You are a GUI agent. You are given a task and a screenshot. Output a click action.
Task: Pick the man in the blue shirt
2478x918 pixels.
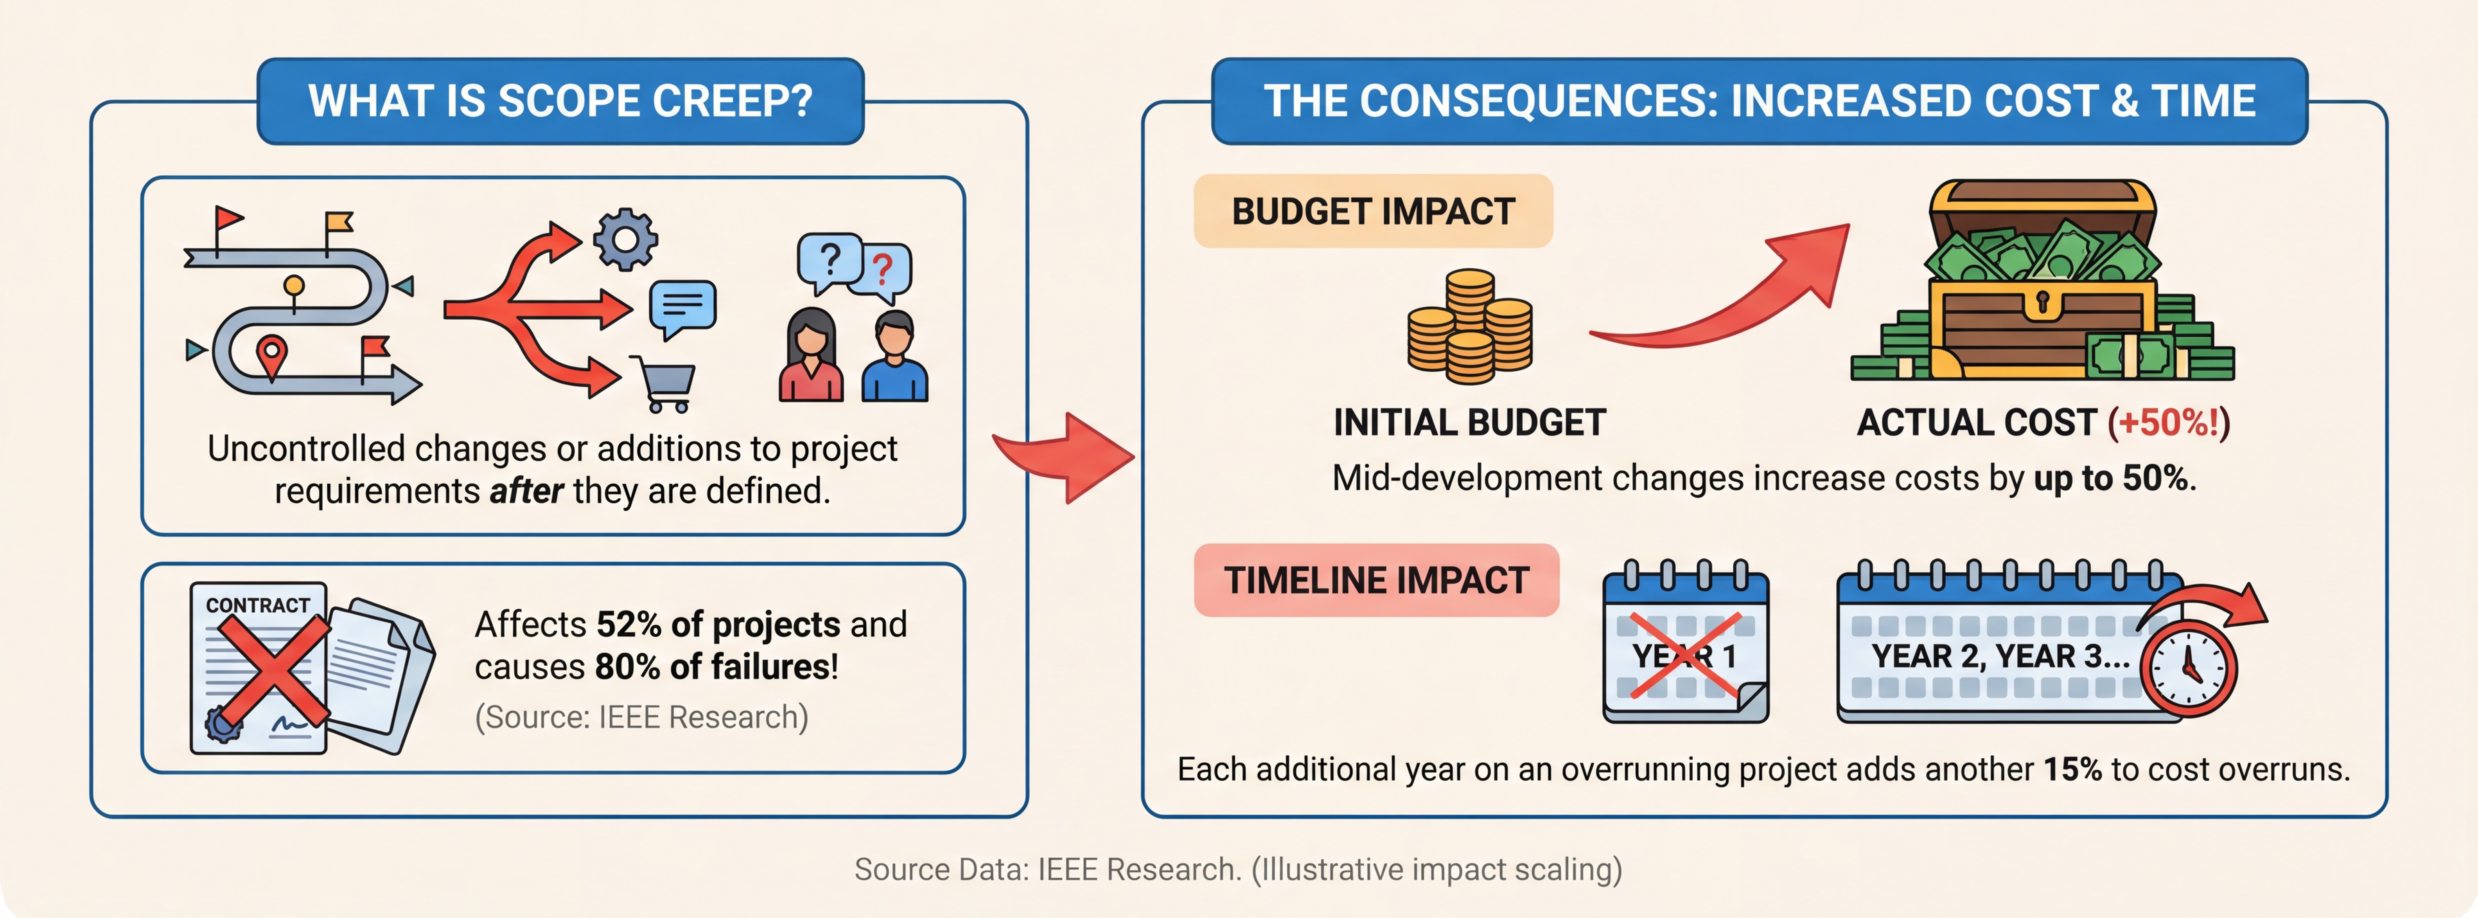coord(894,356)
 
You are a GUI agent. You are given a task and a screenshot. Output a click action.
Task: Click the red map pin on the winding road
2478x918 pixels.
coord(272,358)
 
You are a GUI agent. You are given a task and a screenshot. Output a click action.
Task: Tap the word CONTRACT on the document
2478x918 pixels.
coord(258,605)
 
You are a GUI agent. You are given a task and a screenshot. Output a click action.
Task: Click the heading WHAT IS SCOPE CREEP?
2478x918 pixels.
coord(561,101)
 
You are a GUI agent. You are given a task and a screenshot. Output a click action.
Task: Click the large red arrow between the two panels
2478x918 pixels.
coord(1068,456)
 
